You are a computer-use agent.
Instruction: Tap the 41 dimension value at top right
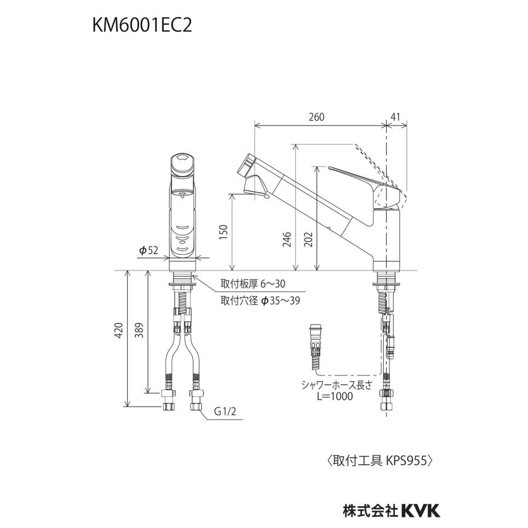point(396,117)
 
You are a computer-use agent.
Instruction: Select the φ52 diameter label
point(148,251)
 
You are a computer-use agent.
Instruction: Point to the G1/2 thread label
point(224,411)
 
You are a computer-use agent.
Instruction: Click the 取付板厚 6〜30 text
point(252,284)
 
